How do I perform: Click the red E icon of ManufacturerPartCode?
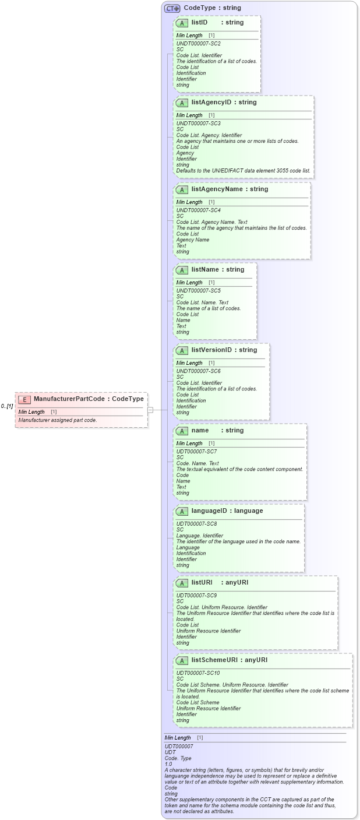[24, 399]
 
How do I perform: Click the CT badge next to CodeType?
[172, 8]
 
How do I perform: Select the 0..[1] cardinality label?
[7, 406]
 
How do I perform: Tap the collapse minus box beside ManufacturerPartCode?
[150, 410]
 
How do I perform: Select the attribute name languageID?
[211, 511]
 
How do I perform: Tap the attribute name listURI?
[202, 582]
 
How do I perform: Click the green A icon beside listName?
[182, 270]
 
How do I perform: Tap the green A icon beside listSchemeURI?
[182, 661]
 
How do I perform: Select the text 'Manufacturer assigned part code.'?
[58, 420]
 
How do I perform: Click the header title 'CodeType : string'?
[212, 8]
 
